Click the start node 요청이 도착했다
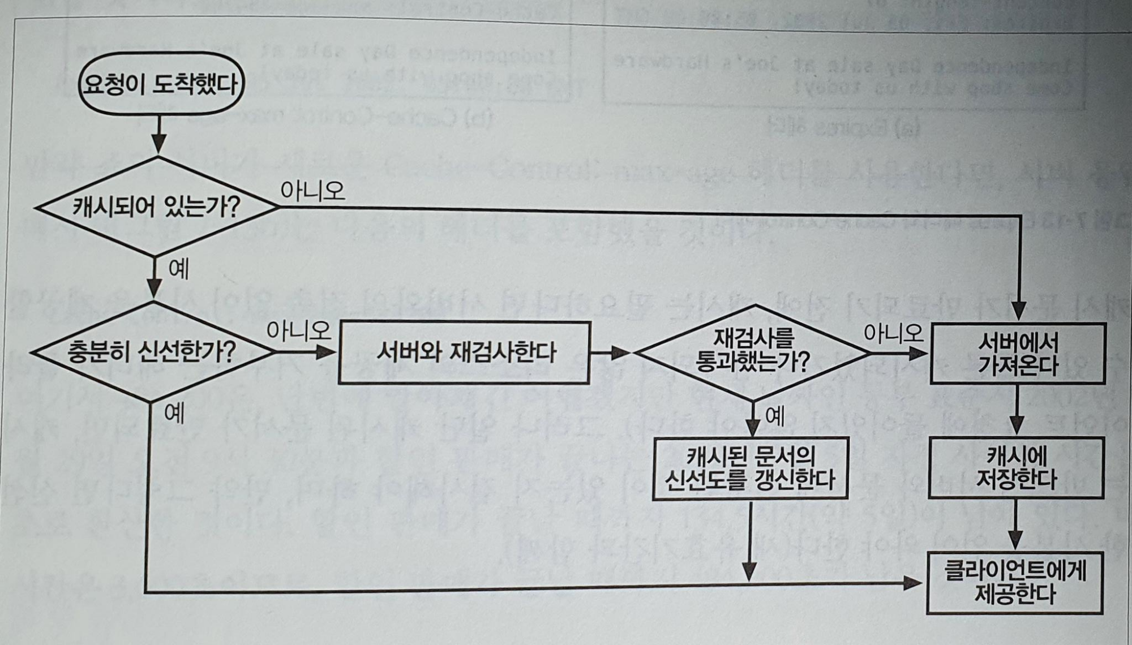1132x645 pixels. coord(161,84)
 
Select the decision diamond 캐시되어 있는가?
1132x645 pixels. coord(156,207)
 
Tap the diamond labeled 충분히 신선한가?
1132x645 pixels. coord(152,352)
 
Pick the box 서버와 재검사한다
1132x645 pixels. coord(464,352)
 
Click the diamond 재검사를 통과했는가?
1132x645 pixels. coord(753,352)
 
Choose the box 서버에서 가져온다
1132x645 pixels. coord(1018,354)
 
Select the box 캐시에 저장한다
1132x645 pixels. coord(1016,467)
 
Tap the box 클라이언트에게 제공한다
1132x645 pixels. coord(1015,582)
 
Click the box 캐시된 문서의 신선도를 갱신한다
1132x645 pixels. coord(750,468)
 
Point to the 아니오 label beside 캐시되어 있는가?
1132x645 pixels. coord(312,191)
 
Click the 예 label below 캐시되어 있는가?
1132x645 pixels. coord(179,269)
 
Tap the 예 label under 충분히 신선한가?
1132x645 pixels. coord(174,414)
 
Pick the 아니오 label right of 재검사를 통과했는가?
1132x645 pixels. coord(893,333)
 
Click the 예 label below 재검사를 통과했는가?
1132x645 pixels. coord(775,417)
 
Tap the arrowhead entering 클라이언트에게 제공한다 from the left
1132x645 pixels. coord(914,583)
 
